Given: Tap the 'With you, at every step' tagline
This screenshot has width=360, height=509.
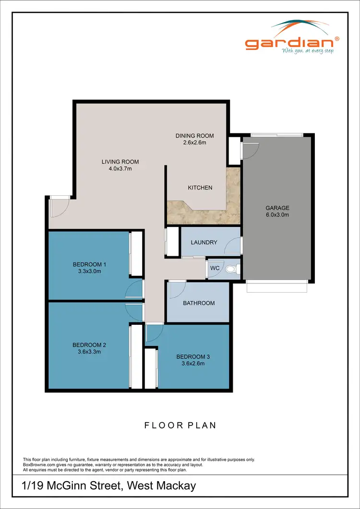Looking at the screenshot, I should point(307,50).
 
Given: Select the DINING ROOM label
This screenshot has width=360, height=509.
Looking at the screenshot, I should point(194,136).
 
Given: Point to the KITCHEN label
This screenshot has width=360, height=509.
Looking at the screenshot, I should point(200,188).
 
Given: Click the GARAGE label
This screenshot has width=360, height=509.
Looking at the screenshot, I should point(277,208).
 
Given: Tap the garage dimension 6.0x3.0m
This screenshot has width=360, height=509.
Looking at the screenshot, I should point(277,215).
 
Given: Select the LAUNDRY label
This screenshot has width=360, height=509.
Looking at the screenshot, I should point(204,243).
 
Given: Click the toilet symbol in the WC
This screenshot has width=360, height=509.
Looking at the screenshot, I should point(231,269).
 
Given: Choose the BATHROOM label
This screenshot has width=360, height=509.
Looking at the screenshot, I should point(199,303).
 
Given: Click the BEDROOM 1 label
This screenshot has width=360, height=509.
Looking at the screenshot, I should point(89,264).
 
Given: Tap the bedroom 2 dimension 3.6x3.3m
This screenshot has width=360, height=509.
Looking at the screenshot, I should point(89,352).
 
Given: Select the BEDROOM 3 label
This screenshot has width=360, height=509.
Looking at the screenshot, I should point(193,357).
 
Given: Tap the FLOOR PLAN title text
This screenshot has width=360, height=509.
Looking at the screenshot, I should point(180,425).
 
